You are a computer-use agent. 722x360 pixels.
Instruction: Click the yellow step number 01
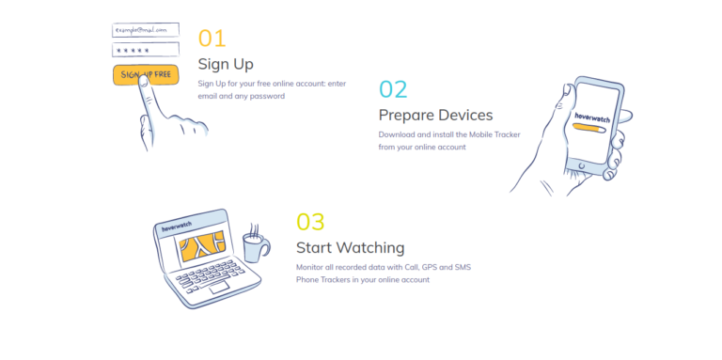(x=212, y=39)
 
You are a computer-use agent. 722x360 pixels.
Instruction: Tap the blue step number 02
(x=393, y=89)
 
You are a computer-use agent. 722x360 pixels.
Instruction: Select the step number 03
(x=310, y=222)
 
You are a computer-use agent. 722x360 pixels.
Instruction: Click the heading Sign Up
(x=226, y=64)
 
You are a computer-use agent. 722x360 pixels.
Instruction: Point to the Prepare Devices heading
(x=435, y=115)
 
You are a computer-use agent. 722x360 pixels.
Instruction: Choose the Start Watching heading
(x=351, y=247)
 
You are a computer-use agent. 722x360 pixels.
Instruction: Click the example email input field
(x=146, y=30)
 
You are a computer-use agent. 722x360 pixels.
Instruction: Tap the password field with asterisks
(x=146, y=50)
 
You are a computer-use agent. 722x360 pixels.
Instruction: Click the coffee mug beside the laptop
(x=256, y=247)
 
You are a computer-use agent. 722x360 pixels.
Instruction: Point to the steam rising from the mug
(x=253, y=229)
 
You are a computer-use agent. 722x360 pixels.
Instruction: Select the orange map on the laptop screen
(x=202, y=246)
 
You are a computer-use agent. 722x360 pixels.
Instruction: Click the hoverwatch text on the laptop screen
(x=177, y=227)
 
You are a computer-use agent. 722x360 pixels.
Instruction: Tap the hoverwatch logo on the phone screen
(x=592, y=117)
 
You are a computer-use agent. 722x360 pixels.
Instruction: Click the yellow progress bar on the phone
(x=587, y=128)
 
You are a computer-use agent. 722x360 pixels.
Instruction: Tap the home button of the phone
(x=582, y=165)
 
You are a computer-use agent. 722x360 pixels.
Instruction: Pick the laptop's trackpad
(x=220, y=288)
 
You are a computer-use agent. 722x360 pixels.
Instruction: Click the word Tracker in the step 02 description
(x=508, y=134)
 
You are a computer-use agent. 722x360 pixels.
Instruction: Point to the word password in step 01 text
(x=267, y=97)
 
